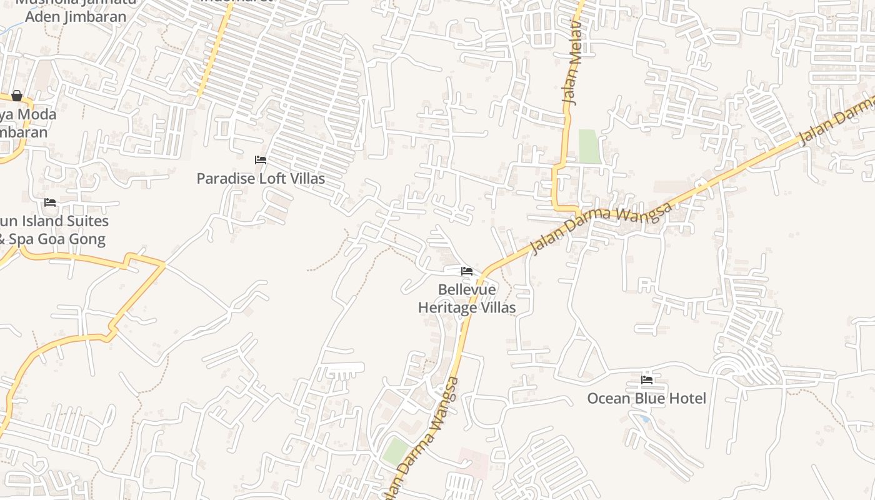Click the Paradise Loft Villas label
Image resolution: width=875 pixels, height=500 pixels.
click(x=261, y=179)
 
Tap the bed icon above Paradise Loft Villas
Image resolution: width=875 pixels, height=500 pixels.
click(x=261, y=161)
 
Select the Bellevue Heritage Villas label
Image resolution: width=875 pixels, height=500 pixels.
click(x=467, y=299)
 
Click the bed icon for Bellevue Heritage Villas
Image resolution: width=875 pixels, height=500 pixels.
click(x=467, y=271)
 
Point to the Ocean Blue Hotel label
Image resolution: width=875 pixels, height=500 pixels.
click(x=646, y=399)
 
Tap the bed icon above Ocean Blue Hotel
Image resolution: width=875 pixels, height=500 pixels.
click(x=647, y=380)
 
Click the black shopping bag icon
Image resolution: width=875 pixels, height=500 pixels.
click(x=17, y=96)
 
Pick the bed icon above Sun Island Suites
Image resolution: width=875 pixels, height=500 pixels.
click(x=50, y=202)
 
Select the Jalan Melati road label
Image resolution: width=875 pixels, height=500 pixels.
click(x=571, y=62)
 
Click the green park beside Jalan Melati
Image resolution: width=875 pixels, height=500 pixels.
click(x=589, y=146)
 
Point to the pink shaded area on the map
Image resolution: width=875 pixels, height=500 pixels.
click(x=473, y=462)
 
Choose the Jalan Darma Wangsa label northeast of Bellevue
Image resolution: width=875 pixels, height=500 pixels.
click(x=601, y=227)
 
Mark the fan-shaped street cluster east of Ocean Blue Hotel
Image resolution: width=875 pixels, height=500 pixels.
click(x=747, y=369)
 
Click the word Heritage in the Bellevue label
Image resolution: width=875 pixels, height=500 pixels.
click(x=447, y=308)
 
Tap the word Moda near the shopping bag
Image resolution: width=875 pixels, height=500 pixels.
click(x=37, y=114)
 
